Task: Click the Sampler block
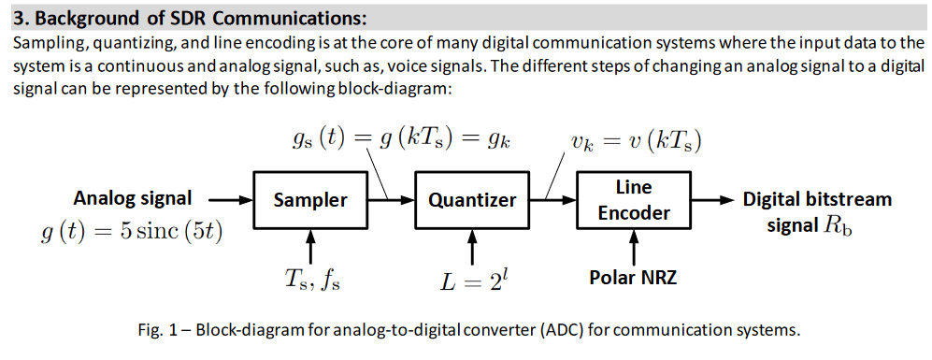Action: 310,199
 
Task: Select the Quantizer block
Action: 472,199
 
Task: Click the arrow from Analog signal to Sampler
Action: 230,199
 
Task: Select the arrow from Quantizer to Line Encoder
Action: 552,199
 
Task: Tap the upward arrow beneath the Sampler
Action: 310,245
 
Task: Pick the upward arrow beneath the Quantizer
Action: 472,245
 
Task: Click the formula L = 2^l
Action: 473,280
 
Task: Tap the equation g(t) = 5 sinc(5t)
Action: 132,230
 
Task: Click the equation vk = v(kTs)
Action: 636,140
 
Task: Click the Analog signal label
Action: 133,198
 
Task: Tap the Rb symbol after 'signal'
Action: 837,225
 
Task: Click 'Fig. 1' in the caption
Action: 155,330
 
